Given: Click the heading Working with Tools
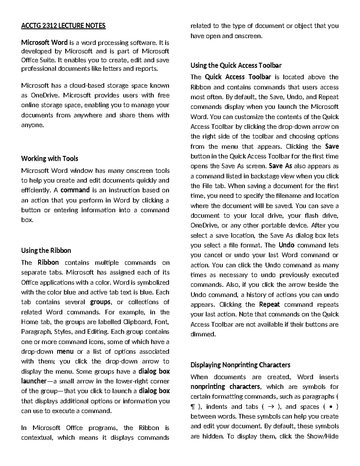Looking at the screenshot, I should click(49, 158).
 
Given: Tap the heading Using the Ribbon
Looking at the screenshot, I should click(46, 251).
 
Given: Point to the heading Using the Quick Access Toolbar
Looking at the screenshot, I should click(236, 65).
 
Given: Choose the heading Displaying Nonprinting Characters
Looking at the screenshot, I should click(240, 365).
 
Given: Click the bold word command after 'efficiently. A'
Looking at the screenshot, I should click(75, 190).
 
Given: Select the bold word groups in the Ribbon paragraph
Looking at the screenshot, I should click(100, 302).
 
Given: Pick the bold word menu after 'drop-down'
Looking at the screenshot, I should click(65, 351).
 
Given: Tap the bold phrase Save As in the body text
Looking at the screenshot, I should click(280, 166).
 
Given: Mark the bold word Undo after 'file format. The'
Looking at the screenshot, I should click(286, 245).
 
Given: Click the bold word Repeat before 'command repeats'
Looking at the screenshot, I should click(269, 305).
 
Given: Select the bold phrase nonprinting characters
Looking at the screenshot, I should click(225, 386).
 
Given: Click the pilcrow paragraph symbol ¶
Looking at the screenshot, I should click(193, 407).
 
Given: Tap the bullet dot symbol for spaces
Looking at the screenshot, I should click(330, 407).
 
